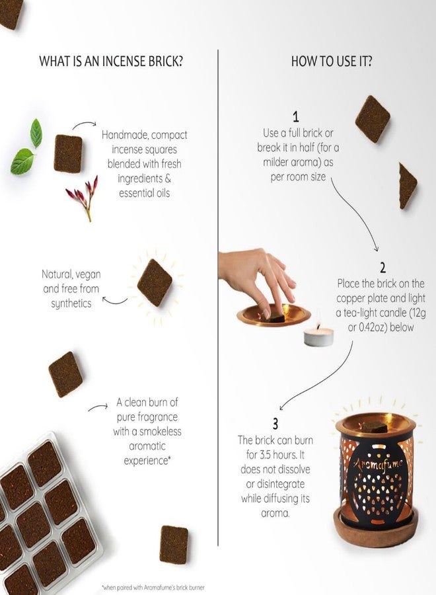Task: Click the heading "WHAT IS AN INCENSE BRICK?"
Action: click(x=111, y=61)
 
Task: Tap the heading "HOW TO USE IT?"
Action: click(x=332, y=61)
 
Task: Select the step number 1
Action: click(x=296, y=116)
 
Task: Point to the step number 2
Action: click(x=382, y=268)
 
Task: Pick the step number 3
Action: click(x=275, y=424)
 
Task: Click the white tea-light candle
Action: click(x=318, y=337)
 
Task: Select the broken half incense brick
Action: click(x=407, y=186)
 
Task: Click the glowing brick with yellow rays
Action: click(x=155, y=282)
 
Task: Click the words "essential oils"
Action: click(x=145, y=193)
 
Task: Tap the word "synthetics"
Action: click(x=71, y=303)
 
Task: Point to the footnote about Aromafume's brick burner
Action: click(x=153, y=588)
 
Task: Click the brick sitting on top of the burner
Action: click(x=374, y=427)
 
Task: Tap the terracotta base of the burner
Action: click(x=376, y=524)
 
